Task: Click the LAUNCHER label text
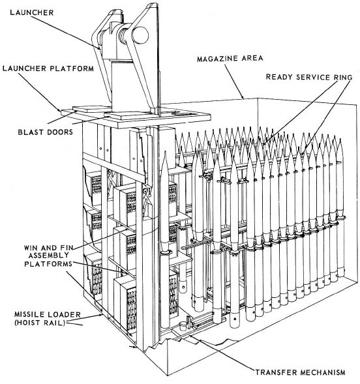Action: click(x=32, y=12)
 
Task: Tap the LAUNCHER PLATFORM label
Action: click(x=48, y=68)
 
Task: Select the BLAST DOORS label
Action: click(x=46, y=132)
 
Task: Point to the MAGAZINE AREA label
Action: click(x=230, y=59)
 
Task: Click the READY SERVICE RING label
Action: click(x=309, y=77)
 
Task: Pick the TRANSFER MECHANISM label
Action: click(x=301, y=372)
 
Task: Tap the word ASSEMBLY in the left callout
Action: click(x=48, y=256)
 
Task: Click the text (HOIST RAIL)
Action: click(x=40, y=323)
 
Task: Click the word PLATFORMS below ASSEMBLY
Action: click(x=48, y=264)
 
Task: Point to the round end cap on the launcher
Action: click(x=140, y=35)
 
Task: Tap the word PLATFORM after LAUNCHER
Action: click(x=72, y=68)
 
